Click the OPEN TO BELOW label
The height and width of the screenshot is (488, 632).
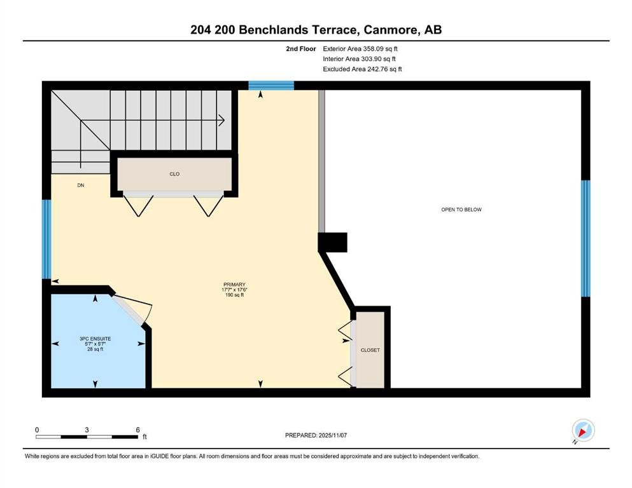click(461, 210)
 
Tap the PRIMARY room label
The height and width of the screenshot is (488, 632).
click(234, 285)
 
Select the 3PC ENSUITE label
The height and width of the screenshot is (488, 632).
click(95, 339)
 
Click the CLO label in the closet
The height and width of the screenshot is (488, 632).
click(174, 174)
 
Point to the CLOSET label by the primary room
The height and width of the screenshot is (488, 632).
click(370, 350)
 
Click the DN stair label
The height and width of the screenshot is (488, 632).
click(81, 185)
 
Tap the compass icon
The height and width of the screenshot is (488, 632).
click(583, 430)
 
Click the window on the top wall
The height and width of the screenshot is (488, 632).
click(271, 85)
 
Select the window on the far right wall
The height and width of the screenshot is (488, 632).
click(586, 238)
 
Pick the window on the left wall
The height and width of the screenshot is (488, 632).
click(46, 240)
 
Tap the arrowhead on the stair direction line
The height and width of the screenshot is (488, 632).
click(221, 120)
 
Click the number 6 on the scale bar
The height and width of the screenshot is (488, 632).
click(138, 430)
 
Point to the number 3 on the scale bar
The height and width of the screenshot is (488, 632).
click(87, 430)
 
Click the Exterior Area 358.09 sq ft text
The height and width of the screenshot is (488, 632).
click(360, 49)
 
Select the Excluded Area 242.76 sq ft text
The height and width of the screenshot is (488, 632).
click(362, 69)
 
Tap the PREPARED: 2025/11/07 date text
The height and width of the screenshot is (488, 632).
click(316, 435)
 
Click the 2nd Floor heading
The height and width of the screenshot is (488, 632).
click(300, 49)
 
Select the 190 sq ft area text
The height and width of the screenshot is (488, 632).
click(234, 295)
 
